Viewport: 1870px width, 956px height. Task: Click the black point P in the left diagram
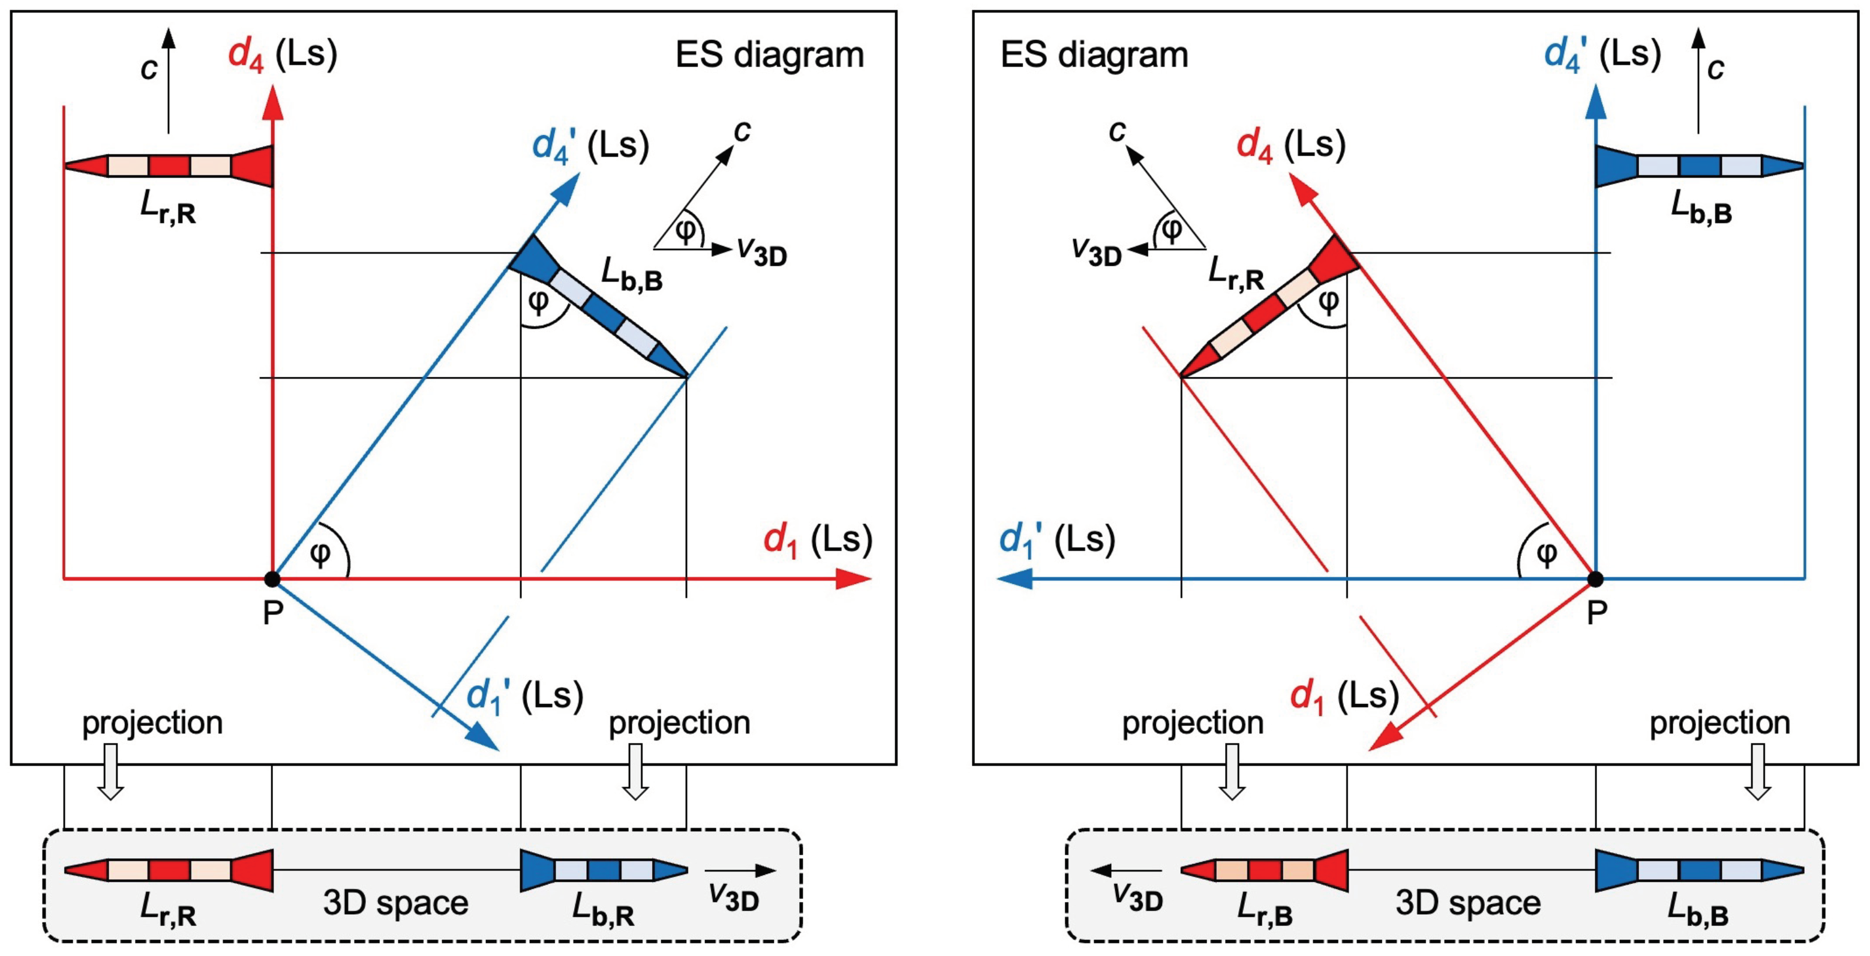click(272, 579)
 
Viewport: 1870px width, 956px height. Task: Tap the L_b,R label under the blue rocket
click(602, 908)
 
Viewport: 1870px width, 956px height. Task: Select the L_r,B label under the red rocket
click(1265, 908)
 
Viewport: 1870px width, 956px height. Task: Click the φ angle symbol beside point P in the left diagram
click(320, 554)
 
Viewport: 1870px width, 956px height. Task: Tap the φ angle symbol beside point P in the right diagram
click(1546, 554)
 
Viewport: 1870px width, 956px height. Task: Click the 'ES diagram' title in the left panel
click(770, 55)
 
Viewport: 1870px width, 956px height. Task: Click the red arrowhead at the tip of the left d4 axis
click(273, 101)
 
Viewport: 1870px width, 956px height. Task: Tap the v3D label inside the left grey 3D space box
click(734, 897)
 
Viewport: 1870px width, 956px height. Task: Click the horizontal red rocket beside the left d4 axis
click(169, 166)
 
